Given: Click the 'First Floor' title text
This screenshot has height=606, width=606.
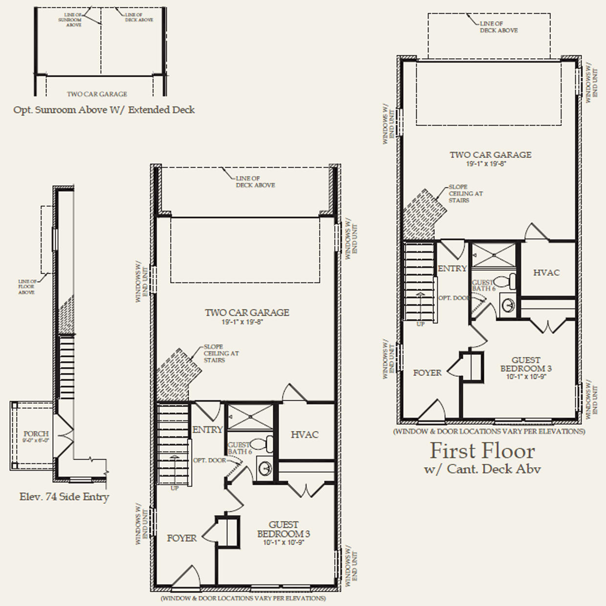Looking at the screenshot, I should (482, 450).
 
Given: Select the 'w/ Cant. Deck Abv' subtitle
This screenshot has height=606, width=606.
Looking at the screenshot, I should (482, 469).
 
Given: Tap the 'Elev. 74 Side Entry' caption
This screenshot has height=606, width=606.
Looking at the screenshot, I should (64, 497).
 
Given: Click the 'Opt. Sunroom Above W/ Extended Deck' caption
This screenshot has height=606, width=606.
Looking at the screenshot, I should (104, 110).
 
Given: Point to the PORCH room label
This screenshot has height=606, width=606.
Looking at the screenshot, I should (36, 433).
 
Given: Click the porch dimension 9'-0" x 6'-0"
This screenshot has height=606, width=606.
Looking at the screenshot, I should (36, 440).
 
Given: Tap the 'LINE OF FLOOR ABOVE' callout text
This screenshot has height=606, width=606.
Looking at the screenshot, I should (27, 287).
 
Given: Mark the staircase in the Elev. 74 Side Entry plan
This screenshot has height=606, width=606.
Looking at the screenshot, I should (66, 367).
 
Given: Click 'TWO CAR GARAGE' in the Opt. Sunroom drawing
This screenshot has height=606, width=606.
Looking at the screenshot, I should (97, 94).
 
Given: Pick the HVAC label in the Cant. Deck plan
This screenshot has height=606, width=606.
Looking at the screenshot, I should (546, 273).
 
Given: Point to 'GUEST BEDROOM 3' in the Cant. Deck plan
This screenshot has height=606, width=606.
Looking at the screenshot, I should (526, 364).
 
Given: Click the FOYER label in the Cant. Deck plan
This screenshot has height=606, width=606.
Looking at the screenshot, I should (427, 373).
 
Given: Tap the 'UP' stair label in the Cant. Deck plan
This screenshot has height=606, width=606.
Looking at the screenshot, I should (420, 324).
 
